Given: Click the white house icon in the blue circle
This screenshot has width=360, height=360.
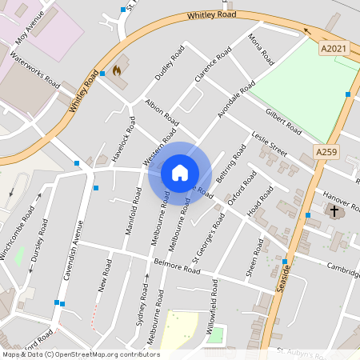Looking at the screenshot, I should (180, 172).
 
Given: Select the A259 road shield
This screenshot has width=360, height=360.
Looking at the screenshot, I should (326, 152).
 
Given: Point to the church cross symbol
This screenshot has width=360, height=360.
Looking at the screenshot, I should (334, 211).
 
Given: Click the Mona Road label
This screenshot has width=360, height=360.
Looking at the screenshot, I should (261, 50).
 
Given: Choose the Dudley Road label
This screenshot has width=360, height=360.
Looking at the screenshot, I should (170, 64).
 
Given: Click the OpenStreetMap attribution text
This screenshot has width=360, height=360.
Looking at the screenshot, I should (81, 354).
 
